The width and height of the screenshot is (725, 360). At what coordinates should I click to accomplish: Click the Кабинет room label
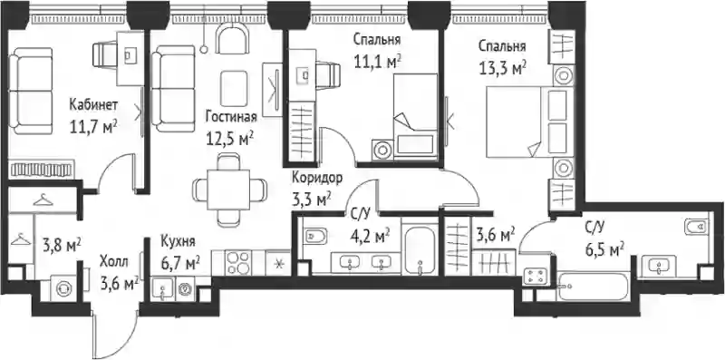coord(93,105)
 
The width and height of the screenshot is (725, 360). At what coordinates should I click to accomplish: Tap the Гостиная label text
coord(231,117)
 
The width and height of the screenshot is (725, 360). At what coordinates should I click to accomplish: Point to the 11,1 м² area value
coord(376,62)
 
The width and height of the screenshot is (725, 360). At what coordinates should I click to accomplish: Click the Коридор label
coord(317,178)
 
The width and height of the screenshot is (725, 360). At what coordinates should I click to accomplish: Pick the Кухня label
coord(178,241)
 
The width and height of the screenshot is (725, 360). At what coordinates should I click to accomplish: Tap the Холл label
coord(114,262)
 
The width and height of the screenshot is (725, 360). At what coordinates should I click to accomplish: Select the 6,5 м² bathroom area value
coord(604,250)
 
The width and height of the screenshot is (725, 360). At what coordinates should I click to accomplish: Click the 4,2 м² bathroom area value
coord(369,238)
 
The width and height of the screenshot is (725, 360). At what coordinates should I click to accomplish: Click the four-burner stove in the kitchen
coord(238,263)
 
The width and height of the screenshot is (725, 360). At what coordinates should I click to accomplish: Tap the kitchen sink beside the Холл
coord(163,289)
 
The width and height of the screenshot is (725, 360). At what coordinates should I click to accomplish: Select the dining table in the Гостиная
coord(228,190)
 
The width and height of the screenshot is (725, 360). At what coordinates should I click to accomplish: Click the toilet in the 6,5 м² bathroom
coord(696,227)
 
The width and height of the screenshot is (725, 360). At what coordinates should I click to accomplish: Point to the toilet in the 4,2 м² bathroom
coord(315,237)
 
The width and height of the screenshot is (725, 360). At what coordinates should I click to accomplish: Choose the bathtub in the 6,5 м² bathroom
coord(592,287)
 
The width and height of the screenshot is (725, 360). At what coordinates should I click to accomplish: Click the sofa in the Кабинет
coord(31,91)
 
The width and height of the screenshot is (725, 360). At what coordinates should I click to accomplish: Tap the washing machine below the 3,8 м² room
coord(63,288)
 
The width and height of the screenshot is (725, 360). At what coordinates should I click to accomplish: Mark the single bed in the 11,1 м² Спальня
coord(415,117)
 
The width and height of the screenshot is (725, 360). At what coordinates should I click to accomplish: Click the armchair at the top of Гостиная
coord(233,40)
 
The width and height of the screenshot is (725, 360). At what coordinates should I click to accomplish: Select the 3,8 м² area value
coord(62,243)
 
